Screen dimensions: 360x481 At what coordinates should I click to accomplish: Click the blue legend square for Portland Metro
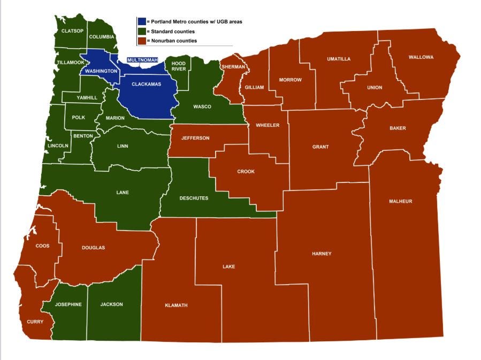(141, 22)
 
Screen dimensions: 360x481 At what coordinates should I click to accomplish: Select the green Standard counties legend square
(141, 32)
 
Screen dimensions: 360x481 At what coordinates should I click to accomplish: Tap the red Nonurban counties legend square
(141, 41)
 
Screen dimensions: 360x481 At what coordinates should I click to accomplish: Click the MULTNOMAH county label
(142, 60)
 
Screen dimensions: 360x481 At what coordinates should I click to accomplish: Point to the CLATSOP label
(72, 31)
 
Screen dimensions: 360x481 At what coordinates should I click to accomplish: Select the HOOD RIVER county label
(179, 66)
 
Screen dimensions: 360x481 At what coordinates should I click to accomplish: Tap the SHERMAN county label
(232, 67)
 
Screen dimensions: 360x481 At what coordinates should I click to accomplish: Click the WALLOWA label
(421, 57)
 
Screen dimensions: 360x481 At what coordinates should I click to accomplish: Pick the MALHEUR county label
(401, 202)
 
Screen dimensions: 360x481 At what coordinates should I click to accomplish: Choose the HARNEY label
(322, 254)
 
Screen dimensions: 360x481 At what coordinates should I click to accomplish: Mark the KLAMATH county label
(176, 305)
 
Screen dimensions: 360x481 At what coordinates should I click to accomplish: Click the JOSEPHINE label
(68, 304)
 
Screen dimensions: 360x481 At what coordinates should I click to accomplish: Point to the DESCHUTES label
(194, 198)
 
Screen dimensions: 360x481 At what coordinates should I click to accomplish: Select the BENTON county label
(83, 136)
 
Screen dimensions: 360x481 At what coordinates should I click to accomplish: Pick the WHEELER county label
(268, 125)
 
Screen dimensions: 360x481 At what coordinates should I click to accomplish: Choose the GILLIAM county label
(254, 87)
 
